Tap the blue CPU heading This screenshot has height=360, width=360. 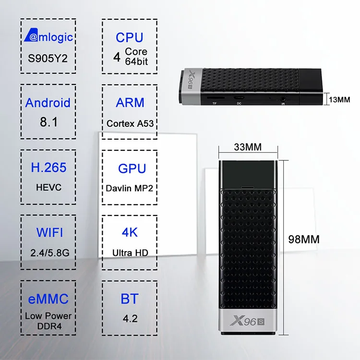click(x=130, y=37)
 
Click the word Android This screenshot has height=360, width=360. click(x=48, y=103)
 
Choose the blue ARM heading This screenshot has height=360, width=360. click(x=130, y=103)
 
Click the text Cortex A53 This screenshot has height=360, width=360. click(x=130, y=123)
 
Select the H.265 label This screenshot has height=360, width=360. click(x=48, y=168)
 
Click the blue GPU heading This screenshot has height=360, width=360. click(x=130, y=168)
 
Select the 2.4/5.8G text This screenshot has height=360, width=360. click(x=49, y=252)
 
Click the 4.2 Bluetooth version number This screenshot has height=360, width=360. click(x=129, y=318)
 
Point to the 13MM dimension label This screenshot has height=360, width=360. click(x=339, y=99)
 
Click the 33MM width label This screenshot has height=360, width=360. click(x=248, y=146)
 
